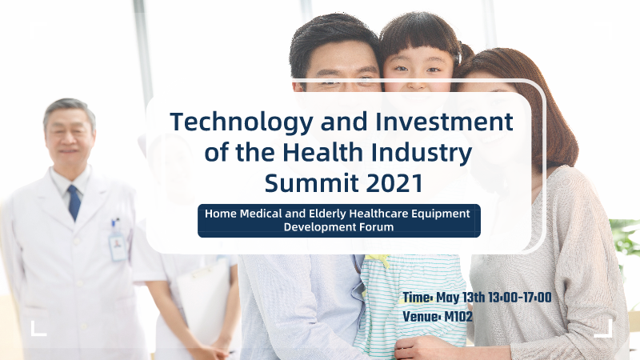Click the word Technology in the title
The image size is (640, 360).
point(242,122)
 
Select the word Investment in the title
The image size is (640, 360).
point(444,122)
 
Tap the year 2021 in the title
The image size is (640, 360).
point(394,183)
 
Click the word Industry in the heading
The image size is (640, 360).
point(422,153)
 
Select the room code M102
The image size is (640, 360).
point(458,316)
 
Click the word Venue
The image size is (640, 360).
point(420,316)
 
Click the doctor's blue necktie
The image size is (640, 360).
point(74,203)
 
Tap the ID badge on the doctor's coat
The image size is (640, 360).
point(118,246)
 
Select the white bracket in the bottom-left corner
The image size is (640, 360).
point(38,329)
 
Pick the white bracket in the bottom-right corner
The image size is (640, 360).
point(604,329)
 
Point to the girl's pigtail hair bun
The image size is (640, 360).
point(466,53)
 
